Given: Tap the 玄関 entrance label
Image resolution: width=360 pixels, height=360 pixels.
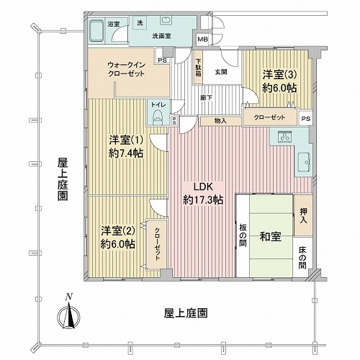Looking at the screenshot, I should pyautogui.click(x=220, y=71).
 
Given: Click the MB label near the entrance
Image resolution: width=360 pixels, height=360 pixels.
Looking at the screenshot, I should pyautogui.click(x=203, y=39).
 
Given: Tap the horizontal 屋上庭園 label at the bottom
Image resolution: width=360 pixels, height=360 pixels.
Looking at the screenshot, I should pyautogui.click(x=186, y=313).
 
